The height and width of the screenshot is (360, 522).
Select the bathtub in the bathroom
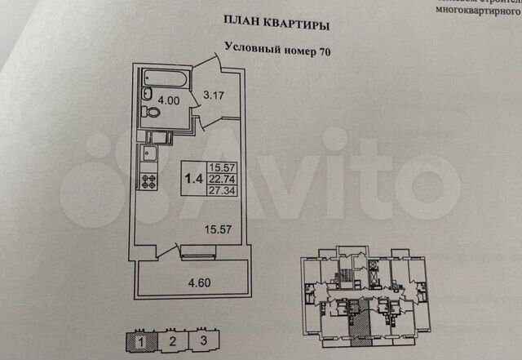click(x=164, y=79)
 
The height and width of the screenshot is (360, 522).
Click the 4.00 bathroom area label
click(x=170, y=102)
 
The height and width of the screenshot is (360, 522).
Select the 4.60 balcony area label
click(x=192, y=285)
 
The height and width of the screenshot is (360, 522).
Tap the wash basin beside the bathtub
click(x=148, y=91)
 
